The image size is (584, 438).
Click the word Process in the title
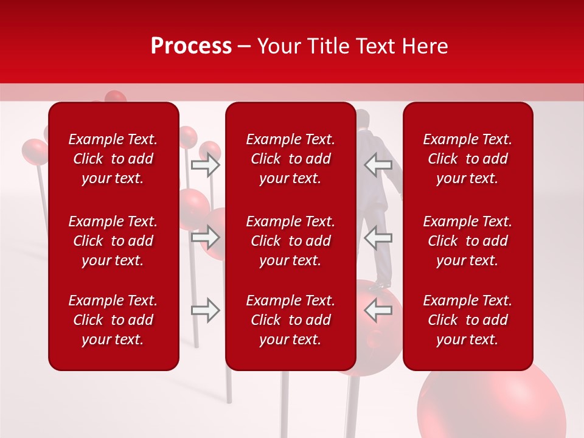coord(191,46)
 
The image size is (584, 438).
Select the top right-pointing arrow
coord(205,164)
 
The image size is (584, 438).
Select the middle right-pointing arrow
coord(205,237)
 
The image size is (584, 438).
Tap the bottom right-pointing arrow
coord(205,310)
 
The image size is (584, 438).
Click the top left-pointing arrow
coord(378,164)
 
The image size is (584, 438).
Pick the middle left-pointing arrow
coord(378,237)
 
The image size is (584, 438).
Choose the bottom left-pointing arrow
coord(378,310)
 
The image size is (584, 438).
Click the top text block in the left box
coord(113,159)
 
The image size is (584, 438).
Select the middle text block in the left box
coord(113,241)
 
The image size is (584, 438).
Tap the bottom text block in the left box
coord(113,320)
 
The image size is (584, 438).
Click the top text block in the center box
coord(290,159)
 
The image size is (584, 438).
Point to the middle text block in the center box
coord(290,241)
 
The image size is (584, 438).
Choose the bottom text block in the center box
coord(290,320)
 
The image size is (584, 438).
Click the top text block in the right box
coord(467,159)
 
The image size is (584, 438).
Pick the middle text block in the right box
coord(467,241)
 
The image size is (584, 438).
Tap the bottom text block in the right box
coord(467,320)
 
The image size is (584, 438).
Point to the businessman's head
coord(363,119)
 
